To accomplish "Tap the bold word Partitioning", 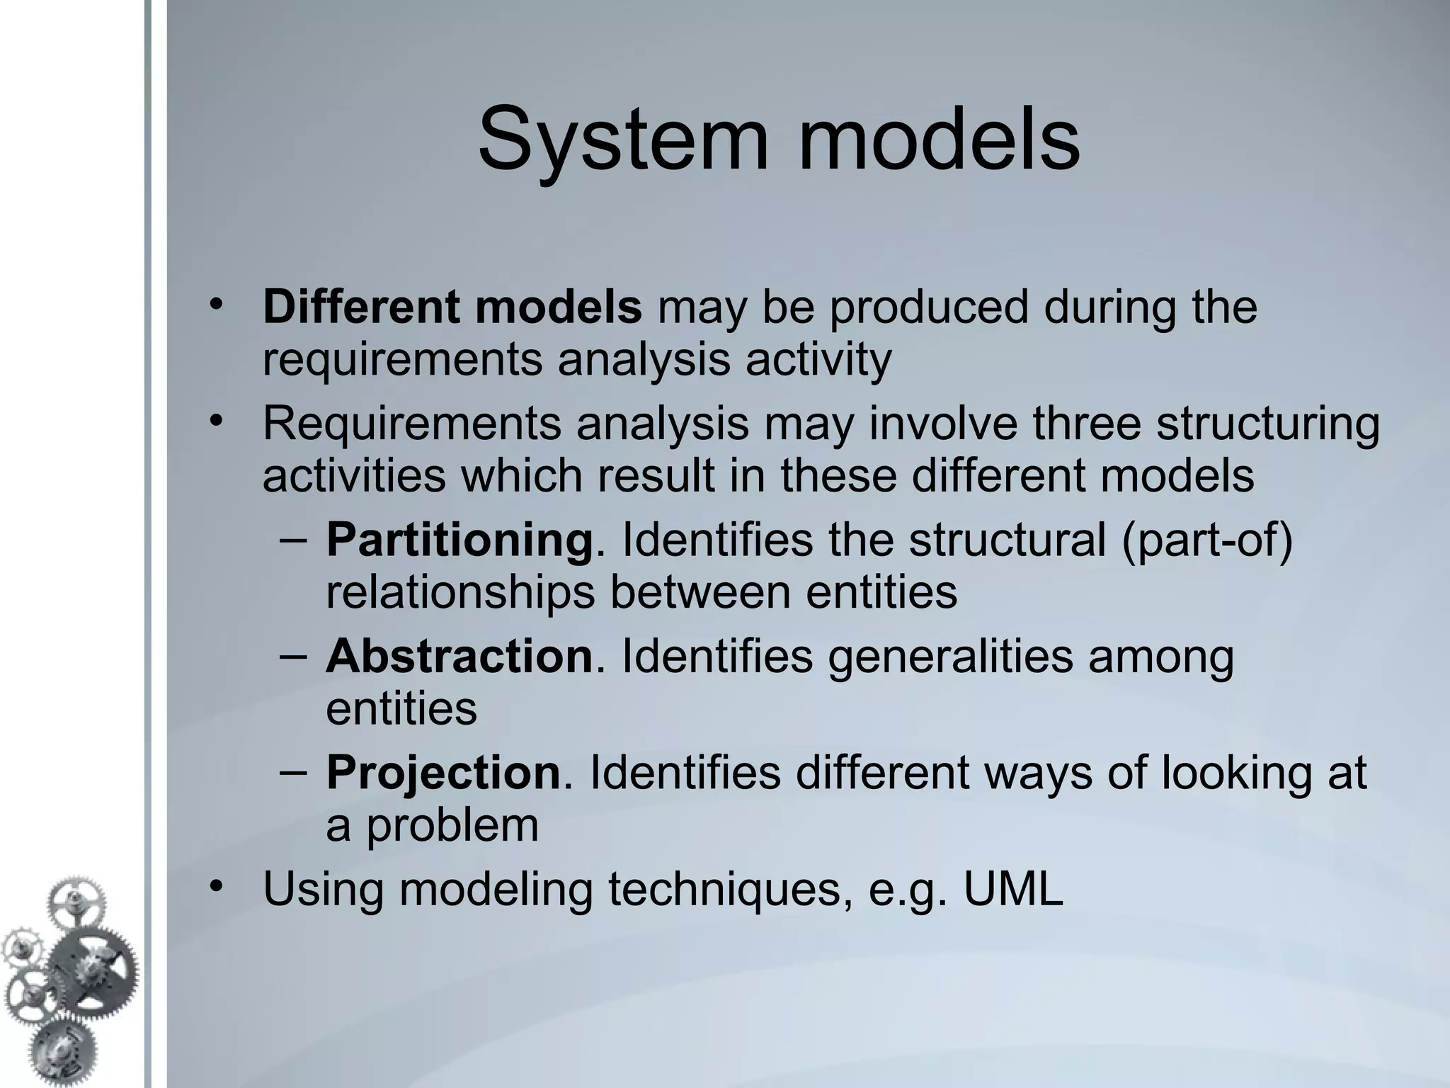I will click(x=459, y=540).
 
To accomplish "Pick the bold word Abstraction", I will click(x=459, y=656).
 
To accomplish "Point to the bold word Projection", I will click(x=443, y=772).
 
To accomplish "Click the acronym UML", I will click(x=1013, y=889).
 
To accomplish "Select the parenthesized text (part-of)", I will click(x=1207, y=540).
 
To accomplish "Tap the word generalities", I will click(x=950, y=656).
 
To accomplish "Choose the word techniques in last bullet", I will click(x=730, y=889).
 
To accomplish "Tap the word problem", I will click(x=452, y=826).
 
